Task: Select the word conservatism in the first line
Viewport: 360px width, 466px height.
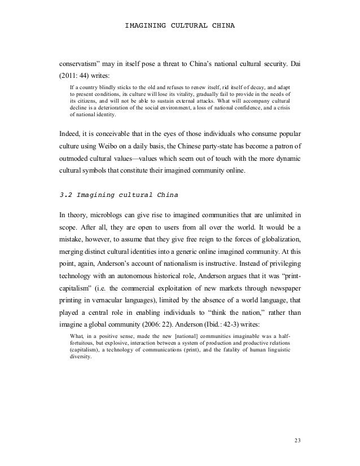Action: coord(85,61)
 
